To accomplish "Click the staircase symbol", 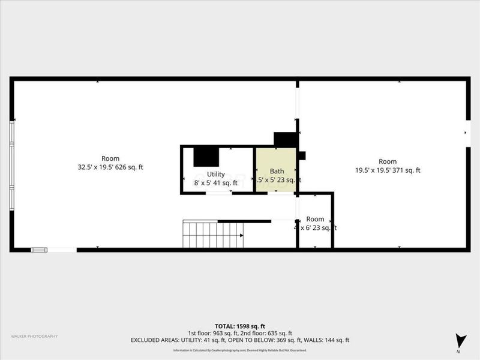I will click(x=213, y=234).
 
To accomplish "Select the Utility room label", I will click(x=216, y=174).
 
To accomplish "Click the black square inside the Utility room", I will click(x=206, y=157).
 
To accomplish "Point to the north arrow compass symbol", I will click(x=460, y=340).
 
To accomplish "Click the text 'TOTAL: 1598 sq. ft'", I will click(x=240, y=326).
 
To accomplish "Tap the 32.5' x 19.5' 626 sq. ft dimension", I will click(x=106, y=167).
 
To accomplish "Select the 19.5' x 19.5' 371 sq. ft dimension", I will click(x=388, y=170).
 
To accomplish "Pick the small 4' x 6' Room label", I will click(x=315, y=219).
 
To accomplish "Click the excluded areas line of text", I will click(x=240, y=340).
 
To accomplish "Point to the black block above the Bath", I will click(x=286, y=139).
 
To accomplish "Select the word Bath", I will click(x=277, y=171).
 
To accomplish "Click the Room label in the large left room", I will click(x=106, y=158).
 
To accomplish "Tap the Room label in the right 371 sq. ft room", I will click(x=388, y=161).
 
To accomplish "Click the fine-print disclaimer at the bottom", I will click(x=240, y=350).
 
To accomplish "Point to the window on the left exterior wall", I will click(x=11, y=166).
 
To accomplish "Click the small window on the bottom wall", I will click(x=40, y=250).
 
